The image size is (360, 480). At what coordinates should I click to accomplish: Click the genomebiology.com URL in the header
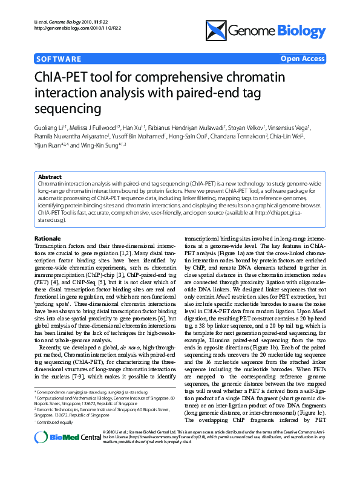click(x=70, y=28)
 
